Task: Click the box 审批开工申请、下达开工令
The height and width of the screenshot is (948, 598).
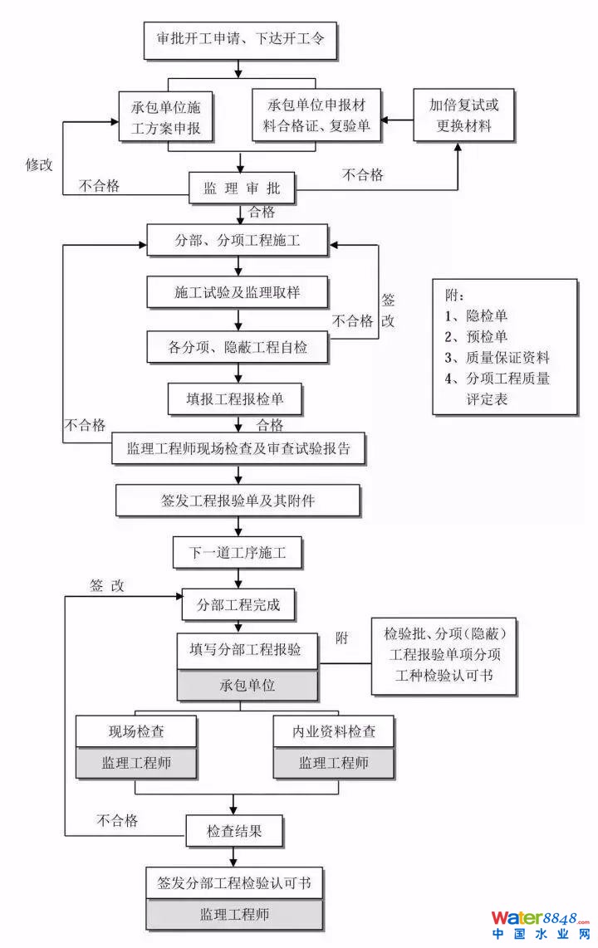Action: coord(240,39)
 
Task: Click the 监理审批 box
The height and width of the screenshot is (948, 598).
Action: coord(241,189)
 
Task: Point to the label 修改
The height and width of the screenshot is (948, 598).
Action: coord(39,164)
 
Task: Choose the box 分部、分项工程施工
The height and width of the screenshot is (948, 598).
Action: coord(238,242)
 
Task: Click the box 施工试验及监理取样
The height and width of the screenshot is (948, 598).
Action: coord(238,292)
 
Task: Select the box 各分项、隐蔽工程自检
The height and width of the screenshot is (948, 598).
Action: coord(238,347)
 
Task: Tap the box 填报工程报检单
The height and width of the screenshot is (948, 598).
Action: coord(238,399)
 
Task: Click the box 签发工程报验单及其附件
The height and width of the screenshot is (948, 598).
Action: coord(238,501)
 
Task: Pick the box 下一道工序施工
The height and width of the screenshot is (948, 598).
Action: coord(238,553)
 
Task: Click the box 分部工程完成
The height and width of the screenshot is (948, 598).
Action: coord(238,604)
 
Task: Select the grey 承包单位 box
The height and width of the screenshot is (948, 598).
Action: coord(248,686)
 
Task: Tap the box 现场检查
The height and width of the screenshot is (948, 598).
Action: coord(136,731)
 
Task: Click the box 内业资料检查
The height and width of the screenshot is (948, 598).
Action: coord(333,731)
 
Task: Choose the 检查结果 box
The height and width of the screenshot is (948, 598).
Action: coord(234,830)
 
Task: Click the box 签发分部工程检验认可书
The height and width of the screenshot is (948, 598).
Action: coord(234,882)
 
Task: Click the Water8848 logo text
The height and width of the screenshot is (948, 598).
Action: coord(539,918)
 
